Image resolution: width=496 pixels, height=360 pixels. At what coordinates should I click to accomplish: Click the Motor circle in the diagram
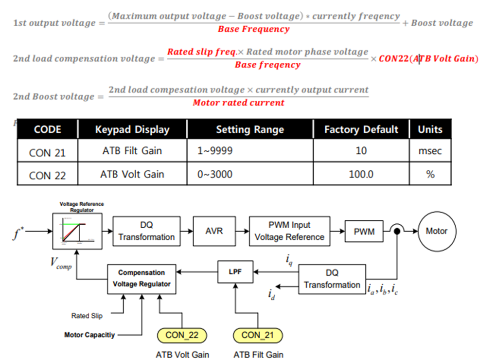click(436, 231)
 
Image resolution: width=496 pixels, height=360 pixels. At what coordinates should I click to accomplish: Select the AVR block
click(214, 231)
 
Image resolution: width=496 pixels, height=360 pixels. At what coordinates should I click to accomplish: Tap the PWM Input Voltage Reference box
click(289, 231)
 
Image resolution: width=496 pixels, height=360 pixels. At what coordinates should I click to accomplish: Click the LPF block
click(235, 272)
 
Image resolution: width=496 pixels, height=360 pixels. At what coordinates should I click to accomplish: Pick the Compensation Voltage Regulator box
click(142, 278)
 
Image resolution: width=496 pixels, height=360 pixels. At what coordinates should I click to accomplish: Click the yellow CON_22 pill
click(181, 335)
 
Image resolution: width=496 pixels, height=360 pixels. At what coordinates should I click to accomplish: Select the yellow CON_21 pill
click(257, 335)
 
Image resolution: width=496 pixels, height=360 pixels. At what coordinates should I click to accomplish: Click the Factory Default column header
click(361, 129)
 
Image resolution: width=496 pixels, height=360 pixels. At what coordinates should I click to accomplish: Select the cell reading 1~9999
click(215, 151)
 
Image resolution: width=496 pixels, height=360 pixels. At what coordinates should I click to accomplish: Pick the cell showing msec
click(430, 151)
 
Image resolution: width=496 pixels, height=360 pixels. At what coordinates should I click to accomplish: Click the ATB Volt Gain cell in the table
click(132, 174)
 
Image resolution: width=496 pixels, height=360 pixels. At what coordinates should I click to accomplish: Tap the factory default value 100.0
click(361, 174)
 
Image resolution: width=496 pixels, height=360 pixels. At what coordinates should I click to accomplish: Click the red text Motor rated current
click(238, 103)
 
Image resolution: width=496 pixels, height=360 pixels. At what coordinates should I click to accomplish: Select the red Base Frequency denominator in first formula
click(253, 29)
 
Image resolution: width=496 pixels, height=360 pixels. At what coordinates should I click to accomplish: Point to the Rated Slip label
click(87, 316)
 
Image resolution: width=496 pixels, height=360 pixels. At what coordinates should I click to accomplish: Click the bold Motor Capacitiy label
click(90, 335)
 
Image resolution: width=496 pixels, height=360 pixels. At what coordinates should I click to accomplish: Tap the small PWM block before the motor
click(364, 232)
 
